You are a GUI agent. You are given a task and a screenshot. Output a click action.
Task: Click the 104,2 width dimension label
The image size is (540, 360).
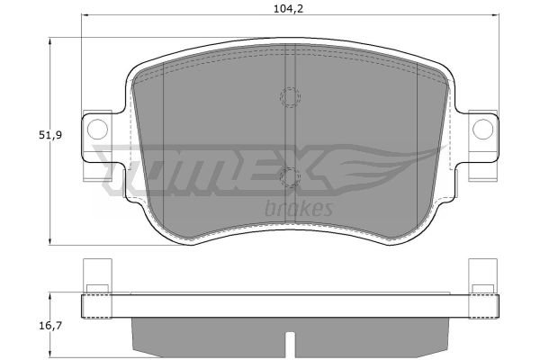(x=288, y=9)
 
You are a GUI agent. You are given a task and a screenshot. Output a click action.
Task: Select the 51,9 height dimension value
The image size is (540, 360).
(x=50, y=135)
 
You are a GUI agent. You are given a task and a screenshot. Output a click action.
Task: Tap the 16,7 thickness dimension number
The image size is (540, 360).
(x=50, y=326)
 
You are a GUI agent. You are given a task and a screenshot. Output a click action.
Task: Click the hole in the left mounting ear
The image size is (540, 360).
(x=97, y=129)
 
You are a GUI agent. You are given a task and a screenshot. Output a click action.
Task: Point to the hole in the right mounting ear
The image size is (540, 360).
(x=482, y=129)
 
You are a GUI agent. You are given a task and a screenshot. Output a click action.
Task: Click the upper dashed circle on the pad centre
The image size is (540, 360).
(x=290, y=96)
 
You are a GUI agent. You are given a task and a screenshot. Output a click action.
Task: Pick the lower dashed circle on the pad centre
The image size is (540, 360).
(x=290, y=178)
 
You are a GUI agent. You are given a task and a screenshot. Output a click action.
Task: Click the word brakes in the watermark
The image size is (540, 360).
(x=299, y=208)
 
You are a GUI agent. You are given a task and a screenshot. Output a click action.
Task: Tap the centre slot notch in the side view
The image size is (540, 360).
(x=291, y=346)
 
